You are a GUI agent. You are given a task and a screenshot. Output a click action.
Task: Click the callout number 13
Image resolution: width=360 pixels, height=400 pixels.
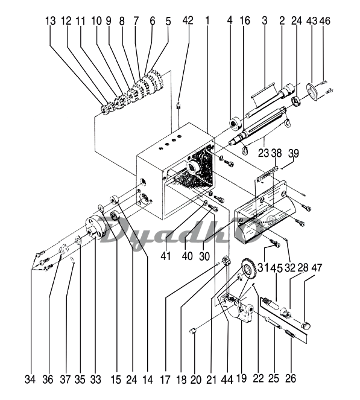(x=51, y=21)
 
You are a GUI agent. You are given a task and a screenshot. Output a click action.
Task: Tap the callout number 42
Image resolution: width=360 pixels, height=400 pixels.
(x=188, y=21)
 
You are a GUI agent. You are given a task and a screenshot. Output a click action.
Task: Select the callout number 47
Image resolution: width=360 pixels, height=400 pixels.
(x=317, y=268)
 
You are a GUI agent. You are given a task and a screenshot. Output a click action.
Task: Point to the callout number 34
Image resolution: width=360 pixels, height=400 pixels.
(x=30, y=379)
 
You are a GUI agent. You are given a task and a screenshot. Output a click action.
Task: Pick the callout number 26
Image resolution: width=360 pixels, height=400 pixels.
(x=291, y=378)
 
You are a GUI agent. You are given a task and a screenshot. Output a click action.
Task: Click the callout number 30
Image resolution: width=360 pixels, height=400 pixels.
(x=204, y=256)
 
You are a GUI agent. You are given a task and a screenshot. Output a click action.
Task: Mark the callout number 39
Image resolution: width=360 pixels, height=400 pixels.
(x=294, y=154)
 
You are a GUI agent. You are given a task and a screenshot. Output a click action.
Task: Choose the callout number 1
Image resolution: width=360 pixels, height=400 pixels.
(x=207, y=21)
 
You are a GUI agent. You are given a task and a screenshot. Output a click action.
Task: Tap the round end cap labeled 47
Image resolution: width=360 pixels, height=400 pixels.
(x=306, y=326)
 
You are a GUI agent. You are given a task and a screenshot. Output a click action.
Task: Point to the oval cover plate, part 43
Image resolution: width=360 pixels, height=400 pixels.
(x=312, y=92)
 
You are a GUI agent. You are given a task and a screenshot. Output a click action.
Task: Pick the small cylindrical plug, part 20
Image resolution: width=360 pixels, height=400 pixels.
(x=193, y=332)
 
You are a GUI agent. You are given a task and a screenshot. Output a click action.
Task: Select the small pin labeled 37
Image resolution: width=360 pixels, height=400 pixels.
(x=72, y=261)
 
